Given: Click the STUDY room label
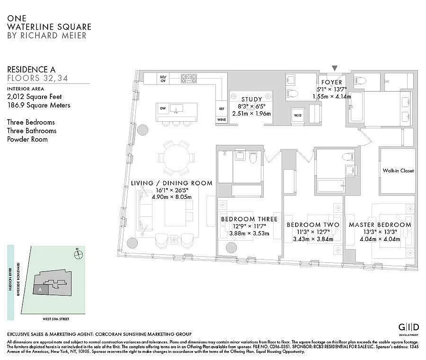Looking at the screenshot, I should [x=251, y=99].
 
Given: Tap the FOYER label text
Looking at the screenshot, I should [x=332, y=82].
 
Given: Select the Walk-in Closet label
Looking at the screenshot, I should [x=398, y=171].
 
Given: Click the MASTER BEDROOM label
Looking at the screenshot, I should [x=380, y=225].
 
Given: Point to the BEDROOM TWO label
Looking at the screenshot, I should [x=313, y=225].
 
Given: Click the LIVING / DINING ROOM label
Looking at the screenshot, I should [x=171, y=183].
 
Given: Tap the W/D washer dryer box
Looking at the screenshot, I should [x=298, y=114].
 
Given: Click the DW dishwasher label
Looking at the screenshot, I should [x=163, y=108].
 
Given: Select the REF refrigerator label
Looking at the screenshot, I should [x=221, y=108].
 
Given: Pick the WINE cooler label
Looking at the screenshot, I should [x=221, y=120].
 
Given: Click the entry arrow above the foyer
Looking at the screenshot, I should [x=334, y=68].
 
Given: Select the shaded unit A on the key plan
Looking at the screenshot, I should [x=41, y=290].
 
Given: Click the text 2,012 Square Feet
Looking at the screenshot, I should [x=34, y=96].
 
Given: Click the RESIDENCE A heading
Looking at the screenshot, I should [x=31, y=69].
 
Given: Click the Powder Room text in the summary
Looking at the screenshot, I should [x=27, y=139].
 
